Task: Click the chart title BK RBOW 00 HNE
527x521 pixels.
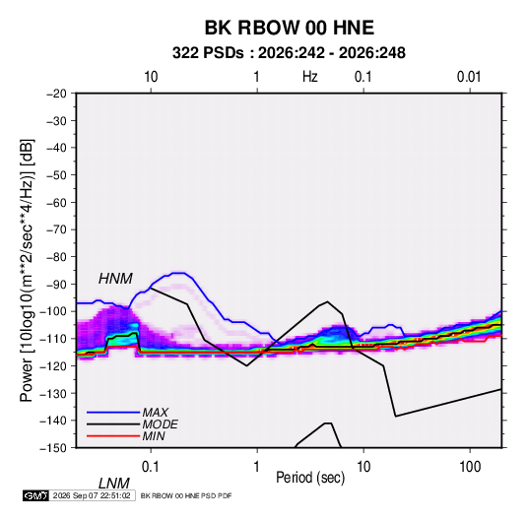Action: (290, 28)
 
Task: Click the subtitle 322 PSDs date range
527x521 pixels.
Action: (289, 53)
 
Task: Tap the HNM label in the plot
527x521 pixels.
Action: (115, 279)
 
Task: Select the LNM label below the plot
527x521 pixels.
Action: (114, 484)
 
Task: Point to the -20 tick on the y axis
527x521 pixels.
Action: (56, 94)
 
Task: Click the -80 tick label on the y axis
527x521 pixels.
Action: (56, 257)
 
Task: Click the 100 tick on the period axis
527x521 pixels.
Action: (470, 467)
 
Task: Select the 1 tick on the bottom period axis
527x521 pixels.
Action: (257, 467)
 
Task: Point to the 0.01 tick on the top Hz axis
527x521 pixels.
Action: (469, 77)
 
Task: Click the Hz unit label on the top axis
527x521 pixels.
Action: (310, 77)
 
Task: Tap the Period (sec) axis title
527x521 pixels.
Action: (310, 478)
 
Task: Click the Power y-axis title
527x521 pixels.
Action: (27, 270)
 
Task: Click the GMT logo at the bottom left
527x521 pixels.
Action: (36, 495)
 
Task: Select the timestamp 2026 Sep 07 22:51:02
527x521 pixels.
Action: (92, 495)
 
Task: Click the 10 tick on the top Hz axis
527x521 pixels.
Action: (151, 77)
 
